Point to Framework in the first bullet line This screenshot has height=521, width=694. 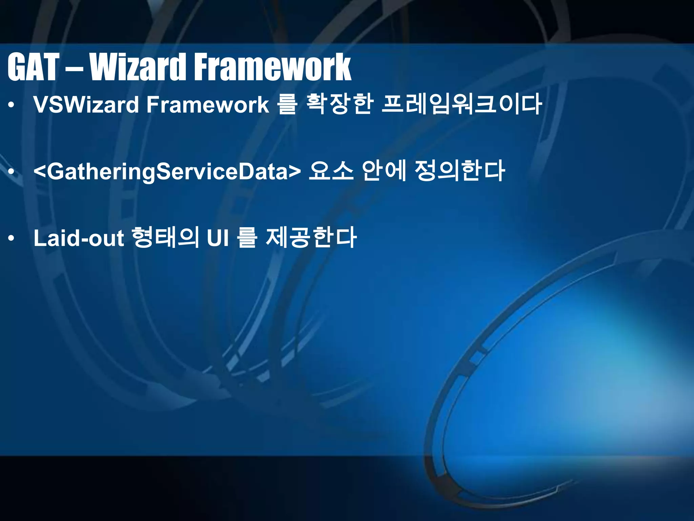coord(207,104)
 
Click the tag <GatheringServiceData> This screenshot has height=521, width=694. coord(167,171)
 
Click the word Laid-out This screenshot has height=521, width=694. coord(78,238)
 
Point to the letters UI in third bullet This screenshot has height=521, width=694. coord(218,238)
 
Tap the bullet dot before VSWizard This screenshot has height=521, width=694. coord(12,105)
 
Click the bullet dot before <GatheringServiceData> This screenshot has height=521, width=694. coord(12,172)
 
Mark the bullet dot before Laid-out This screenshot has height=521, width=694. coord(12,239)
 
